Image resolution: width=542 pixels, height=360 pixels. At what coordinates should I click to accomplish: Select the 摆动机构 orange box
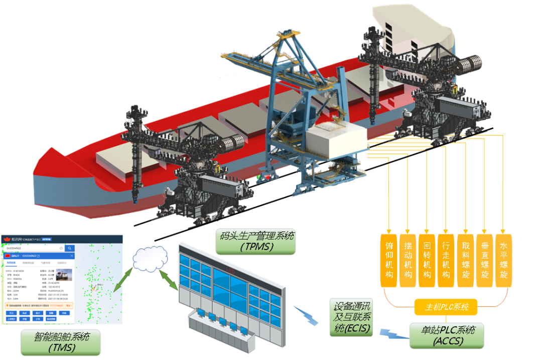click(x=409, y=260)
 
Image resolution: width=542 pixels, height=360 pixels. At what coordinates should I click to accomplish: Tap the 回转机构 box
click(x=427, y=260)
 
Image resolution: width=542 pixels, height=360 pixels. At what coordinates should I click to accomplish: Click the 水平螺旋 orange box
click(x=503, y=260)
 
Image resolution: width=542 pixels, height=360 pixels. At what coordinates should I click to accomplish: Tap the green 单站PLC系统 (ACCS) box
click(x=447, y=335)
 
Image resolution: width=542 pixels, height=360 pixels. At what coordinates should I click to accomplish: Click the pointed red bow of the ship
click(x=45, y=160)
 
